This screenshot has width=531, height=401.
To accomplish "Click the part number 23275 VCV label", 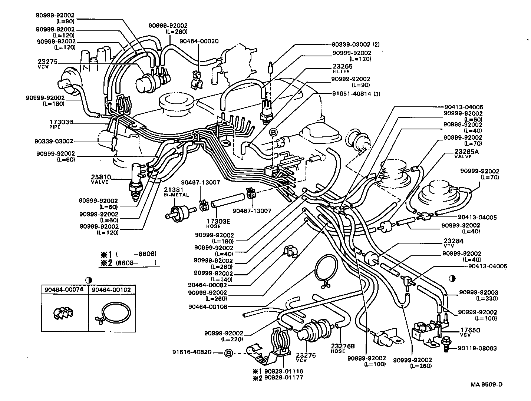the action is click(x=47, y=64).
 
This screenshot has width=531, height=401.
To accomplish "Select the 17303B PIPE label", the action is click(x=61, y=124).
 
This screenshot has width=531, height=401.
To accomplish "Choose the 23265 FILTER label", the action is click(x=342, y=69).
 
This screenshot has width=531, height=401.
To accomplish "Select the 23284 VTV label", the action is click(x=453, y=243).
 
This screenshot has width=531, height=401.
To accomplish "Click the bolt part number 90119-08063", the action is click(x=477, y=348).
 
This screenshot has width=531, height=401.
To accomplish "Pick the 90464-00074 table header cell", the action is click(x=65, y=290).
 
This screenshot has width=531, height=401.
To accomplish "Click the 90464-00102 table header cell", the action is click(x=111, y=290).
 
